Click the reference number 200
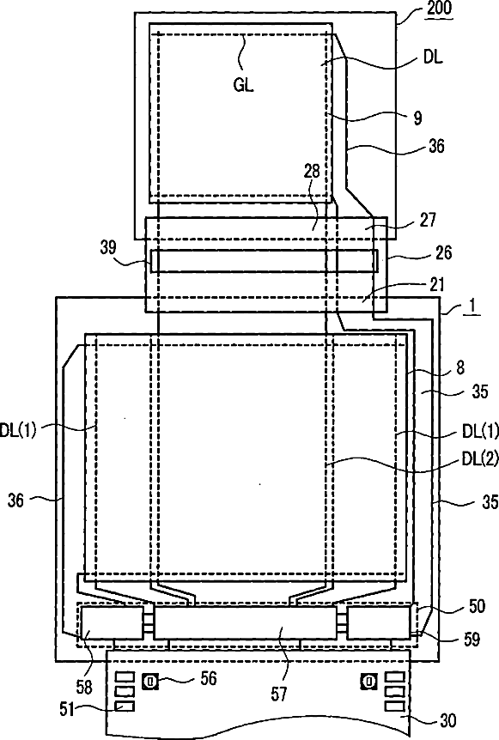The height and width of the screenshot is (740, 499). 439,8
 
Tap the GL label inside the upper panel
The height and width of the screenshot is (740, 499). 244,86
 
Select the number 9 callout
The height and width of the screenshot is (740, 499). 417,118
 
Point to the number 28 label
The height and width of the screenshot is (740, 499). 312,171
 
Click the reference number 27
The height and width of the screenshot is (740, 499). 428,220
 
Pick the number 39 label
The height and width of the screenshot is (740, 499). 108,247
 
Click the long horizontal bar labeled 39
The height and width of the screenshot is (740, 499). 265,261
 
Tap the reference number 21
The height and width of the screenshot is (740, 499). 437,284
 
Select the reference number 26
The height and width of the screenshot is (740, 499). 443,252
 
